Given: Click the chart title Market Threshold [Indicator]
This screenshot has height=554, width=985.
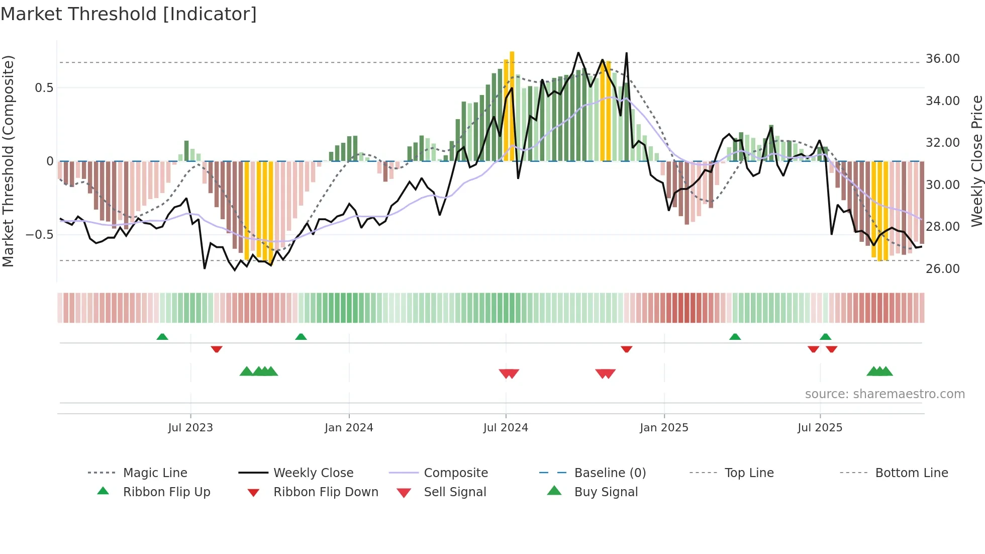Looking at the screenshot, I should (129, 14).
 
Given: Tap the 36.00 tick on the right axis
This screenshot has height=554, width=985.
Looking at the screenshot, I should (942, 59).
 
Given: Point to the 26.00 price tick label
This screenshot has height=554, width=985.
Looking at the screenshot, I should (942, 268).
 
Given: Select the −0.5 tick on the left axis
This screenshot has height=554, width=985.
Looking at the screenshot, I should (39, 234).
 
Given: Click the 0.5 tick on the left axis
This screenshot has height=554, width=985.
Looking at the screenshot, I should (44, 88).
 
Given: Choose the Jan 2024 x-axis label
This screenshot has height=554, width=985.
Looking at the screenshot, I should (349, 428).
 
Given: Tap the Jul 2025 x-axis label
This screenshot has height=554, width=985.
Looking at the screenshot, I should (820, 428).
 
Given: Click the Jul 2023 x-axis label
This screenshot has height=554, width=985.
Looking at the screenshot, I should (190, 428).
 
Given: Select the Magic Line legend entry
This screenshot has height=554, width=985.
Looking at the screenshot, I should (155, 473).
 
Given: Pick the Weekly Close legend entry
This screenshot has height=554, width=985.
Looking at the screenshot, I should (313, 473).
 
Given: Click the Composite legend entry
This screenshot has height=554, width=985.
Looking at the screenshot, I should (455, 473).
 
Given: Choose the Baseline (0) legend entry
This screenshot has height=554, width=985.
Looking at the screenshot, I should (610, 473).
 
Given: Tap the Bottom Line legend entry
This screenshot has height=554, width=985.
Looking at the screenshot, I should (911, 473).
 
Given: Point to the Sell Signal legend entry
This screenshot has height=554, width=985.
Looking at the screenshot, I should (454, 492).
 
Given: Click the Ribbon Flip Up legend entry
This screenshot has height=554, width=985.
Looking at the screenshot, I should (166, 492).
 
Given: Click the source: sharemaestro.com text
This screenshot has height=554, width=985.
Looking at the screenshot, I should (884, 394).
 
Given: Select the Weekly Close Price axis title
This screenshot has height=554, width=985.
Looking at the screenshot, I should (976, 161).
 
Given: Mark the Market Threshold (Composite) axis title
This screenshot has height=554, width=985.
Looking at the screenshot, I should (8, 161).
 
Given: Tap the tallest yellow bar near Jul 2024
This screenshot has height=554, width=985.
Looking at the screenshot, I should (512, 106).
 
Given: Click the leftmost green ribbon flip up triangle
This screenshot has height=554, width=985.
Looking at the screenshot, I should (162, 337).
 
